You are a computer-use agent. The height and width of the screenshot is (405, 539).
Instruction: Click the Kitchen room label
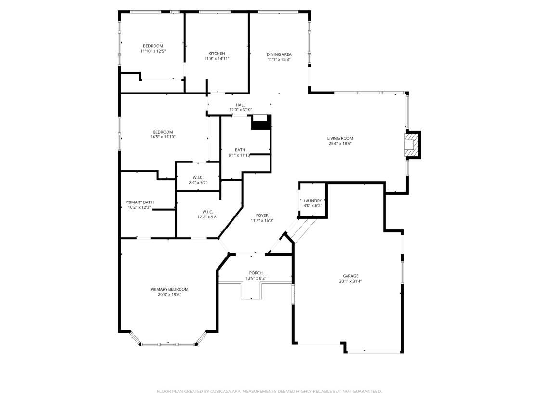[x=217, y=54]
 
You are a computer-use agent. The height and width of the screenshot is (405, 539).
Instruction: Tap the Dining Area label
[x=279, y=54]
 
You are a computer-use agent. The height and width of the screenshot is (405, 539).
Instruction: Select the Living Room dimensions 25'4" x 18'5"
[x=340, y=144]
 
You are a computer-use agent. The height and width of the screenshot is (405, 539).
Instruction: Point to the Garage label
[x=350, y=276]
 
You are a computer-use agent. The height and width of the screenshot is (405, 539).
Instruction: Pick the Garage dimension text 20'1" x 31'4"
[x=350, y=281]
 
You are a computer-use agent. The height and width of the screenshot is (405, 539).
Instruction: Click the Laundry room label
[x=313, y=201]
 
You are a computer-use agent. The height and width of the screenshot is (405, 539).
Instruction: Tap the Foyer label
[x=262, y=216]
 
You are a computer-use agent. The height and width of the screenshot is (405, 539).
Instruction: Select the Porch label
[x=256, y=273]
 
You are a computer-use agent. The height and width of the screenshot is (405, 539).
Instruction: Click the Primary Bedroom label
[x=169, y=289]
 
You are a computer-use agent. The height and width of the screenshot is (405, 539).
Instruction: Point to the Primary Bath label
[x=139, y=202]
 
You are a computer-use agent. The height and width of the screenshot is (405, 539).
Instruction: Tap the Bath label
[x=240, y=150]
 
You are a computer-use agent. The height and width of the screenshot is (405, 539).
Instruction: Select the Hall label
[x=241, y=105]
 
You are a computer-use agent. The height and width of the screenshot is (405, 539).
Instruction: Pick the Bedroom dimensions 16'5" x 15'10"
[x=163, y=137]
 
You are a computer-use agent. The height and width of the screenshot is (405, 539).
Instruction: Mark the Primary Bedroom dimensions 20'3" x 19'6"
[x=169, y=295]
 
